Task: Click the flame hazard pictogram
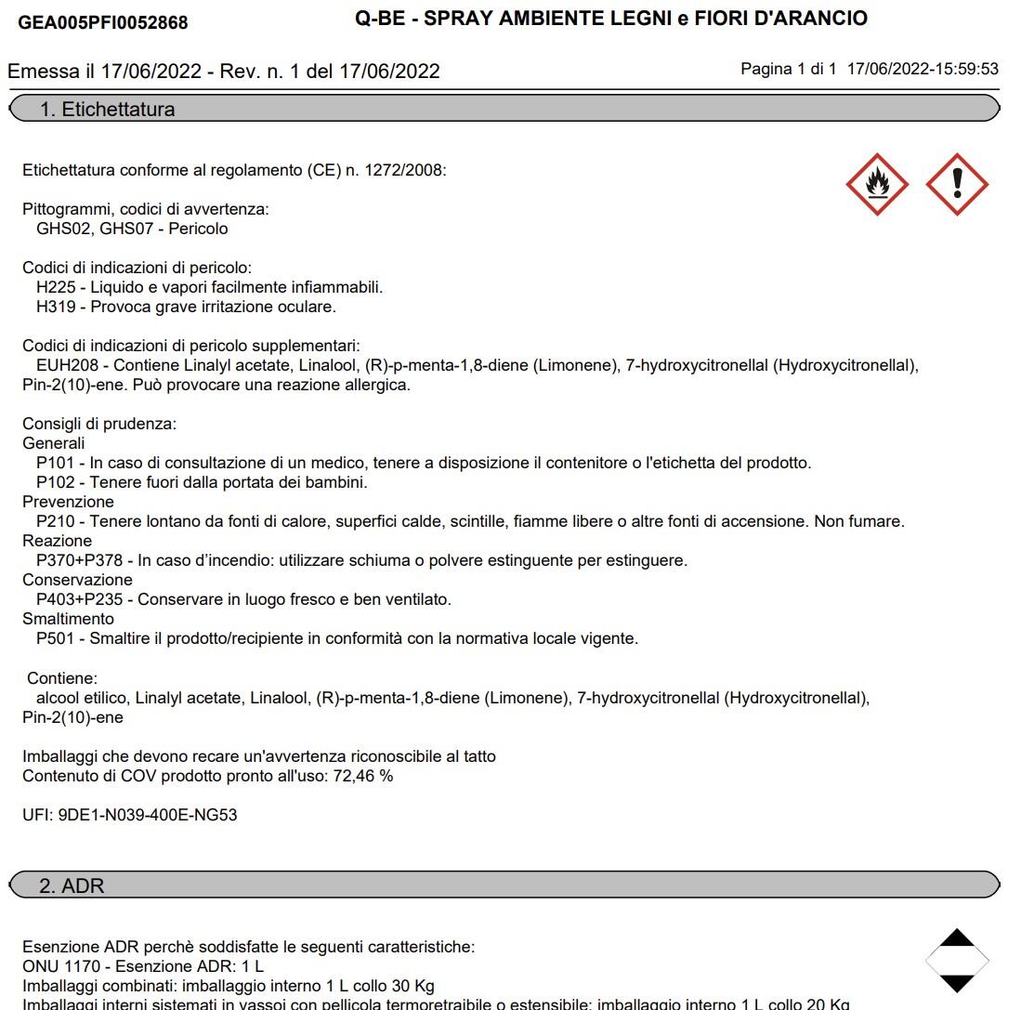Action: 876,184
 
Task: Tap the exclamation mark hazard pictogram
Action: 957,184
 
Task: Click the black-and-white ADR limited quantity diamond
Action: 957,960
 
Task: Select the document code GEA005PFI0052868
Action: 103,22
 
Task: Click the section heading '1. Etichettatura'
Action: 107,110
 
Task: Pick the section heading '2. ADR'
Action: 72,885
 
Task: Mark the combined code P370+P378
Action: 81,560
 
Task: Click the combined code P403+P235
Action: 81,599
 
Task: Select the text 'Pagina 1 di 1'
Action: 789,69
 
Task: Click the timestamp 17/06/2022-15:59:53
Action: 923,69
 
